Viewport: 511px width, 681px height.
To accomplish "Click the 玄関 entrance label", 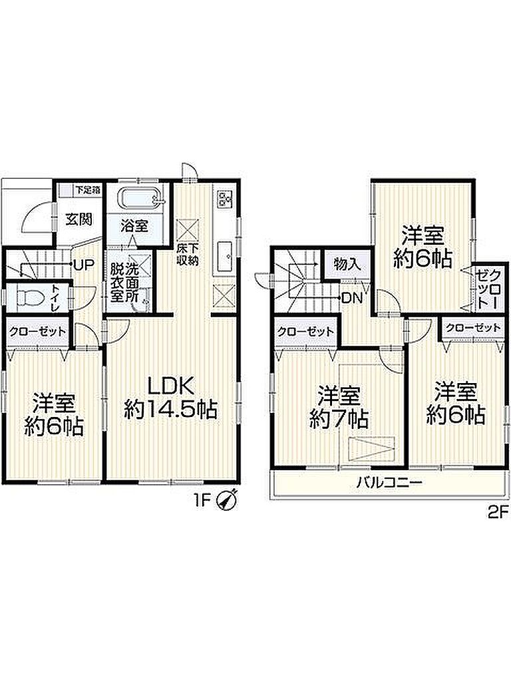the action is pos(79,219).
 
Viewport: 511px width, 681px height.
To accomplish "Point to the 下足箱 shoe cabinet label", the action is pos(88,190).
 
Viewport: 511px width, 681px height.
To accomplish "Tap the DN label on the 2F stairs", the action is pos(352,298).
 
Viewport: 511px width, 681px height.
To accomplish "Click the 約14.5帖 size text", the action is pos(170,410).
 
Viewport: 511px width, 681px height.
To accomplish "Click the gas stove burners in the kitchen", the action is pos(225,200).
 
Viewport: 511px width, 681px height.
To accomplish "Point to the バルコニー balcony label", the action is pos(389,483).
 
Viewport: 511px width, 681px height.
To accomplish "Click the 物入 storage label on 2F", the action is pos(347,263).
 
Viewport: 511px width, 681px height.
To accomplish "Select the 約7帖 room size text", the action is pos(339,419).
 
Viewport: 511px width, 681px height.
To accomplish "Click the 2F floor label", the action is pos(497,513).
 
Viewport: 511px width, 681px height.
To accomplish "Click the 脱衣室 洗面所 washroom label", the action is pos(124,283).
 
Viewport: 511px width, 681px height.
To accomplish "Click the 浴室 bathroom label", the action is pos(134,225).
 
